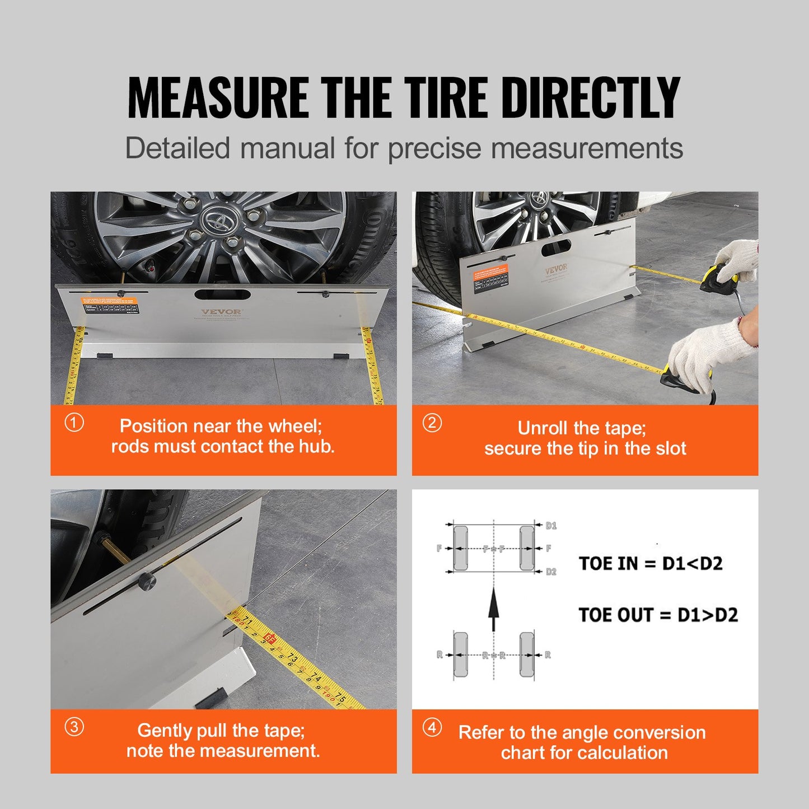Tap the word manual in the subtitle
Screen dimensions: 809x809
pyautogui.click(x=283, y=149)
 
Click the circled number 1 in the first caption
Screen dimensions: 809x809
pyautogui.click(x=74, y=423)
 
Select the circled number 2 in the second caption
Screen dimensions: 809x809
pyautogui.click(x=432, y=423)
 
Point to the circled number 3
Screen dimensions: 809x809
pyautogui.click(x=74, y=727)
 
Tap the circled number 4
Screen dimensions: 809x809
pyautogui.click(x=432, y=727)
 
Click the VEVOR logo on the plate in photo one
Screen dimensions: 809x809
pyautogui.click(x=222, y=312)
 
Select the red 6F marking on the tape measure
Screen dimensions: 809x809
pyautogui.click(x=270, y=638)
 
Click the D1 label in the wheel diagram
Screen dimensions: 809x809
pyautogui.click(x=551, y=526)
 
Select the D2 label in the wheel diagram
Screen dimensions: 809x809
pyautogui.click(x=551, y=572)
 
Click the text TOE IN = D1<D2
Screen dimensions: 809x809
pyautogui.click(x=651, y=563)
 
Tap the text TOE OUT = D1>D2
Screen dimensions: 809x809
pyautogui.click(x=658, y=615)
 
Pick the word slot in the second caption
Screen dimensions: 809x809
pyautogui.click(x=671, y=448)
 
